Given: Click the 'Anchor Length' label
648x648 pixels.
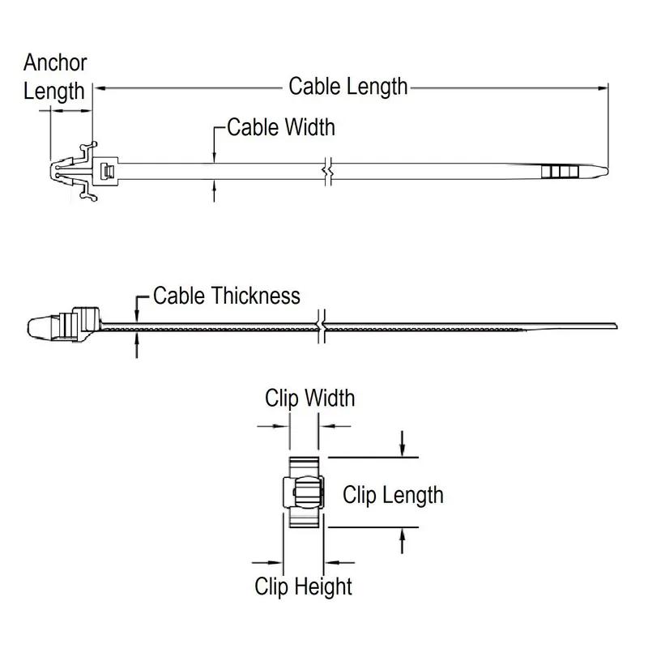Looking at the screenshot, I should pyautogui.click(x=55, y=77).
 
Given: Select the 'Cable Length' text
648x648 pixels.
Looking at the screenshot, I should pyautogui.click(x=348, y=86).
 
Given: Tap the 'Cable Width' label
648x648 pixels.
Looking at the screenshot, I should pyautogui.click(x=280, y=127).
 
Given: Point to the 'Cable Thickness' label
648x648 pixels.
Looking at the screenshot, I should pyautogui.click(x=227, y=296).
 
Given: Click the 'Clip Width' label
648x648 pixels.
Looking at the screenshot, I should pyautogui.click(x=309, y=398).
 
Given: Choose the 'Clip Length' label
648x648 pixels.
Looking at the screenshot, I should pyautogui.click(x=393, y=494).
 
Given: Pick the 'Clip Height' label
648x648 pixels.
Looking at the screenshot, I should pyautogui.click(x=304, y=586).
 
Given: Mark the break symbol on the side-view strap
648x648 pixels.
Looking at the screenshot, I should pyautogui.click(x=322, y=325).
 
